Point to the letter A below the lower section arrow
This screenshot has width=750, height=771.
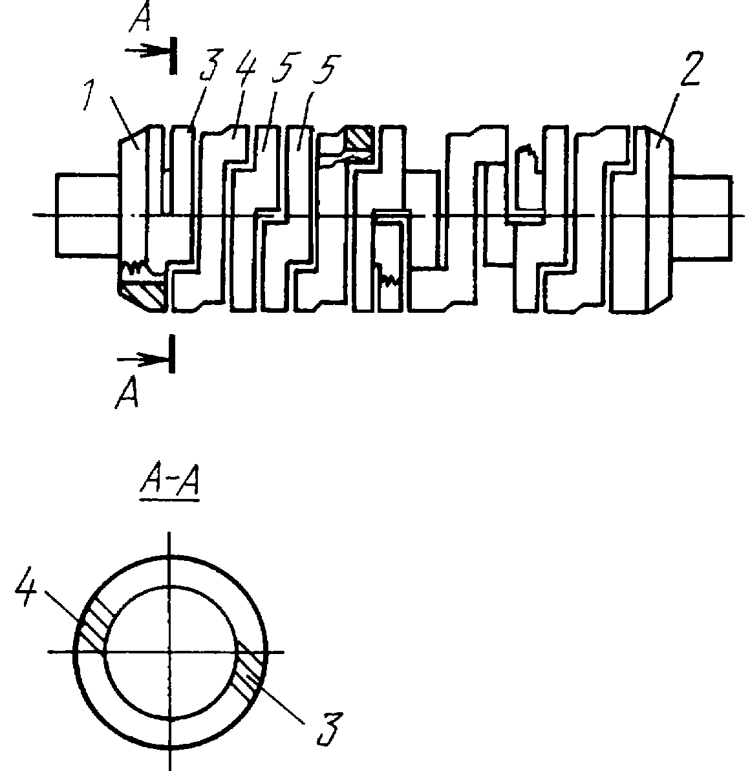pyautogui.click(x=126, y=393)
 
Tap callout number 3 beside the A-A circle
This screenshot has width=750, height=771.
pyautogui.click(x=328, y=728)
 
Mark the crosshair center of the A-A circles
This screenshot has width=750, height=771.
pyautogui.click(x=169, y=653)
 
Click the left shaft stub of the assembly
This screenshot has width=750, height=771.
pyautogui.click(x=87, y=215)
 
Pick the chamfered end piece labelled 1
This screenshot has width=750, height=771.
pyautogui.click(x=133, y=217)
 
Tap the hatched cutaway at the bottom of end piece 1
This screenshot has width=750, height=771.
pyautogui.click(x=143, y=295)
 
